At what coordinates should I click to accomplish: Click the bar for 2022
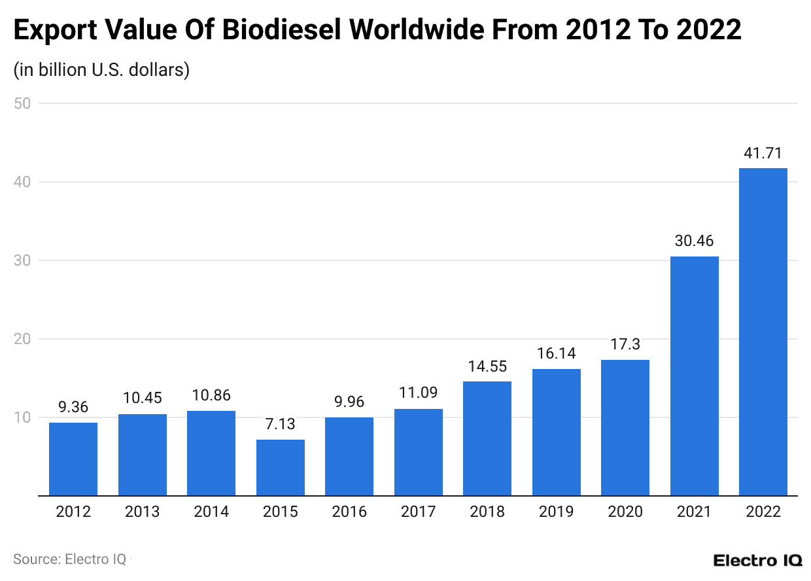[763, 332]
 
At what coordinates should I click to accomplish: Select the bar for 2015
[280, 467]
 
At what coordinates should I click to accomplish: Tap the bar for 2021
[694, 376]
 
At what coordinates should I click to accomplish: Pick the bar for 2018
[487, 438]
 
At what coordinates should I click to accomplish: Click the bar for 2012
[73, 459]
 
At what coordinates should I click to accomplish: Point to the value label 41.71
[763, 154]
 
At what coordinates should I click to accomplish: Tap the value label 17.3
[625, 345]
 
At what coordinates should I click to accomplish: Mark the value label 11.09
[418, 394]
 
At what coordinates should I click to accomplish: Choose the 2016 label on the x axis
[349, 512]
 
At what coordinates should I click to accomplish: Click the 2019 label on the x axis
[556, 512]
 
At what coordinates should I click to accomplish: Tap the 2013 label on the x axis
[142, 512]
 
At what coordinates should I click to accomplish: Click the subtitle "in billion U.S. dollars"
[101, 69]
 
